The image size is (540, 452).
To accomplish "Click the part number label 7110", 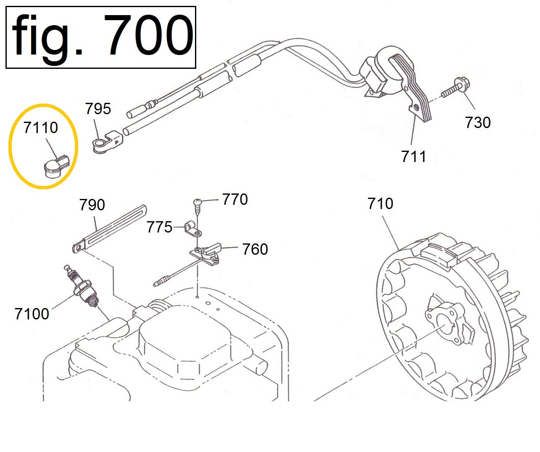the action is tap(41, 128).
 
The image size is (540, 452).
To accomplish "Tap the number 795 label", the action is tap(98, 108).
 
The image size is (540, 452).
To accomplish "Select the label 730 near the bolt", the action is tap(478, 122).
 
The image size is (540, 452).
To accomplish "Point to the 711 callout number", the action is tap(413, 156).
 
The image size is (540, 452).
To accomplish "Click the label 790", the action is tap(92, 204).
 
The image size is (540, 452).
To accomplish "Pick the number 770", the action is tap(235, 199).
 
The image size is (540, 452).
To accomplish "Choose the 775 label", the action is tap(159, 227).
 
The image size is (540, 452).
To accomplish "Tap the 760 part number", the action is tap(255, 249).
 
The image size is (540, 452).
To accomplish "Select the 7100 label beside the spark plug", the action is tap(32, 314).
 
